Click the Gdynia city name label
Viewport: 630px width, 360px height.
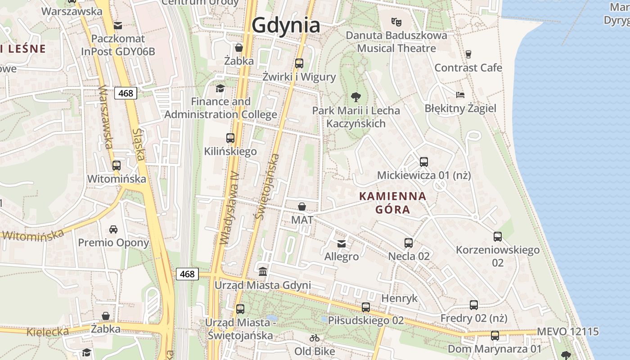click(x=286, y=25)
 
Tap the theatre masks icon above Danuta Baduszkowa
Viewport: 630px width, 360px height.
click(x=396, y=22)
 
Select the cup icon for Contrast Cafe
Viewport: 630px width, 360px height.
click(x=468, y=54)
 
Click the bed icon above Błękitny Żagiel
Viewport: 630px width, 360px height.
click(x=460, y=95)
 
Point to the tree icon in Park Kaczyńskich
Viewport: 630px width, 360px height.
click(x=355, y=97)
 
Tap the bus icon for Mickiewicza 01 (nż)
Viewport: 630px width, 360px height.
click(x=423, y=162)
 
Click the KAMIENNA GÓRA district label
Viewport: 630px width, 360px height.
click(x=392, y=202)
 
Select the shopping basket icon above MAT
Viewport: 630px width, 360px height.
click(x=302, y=207)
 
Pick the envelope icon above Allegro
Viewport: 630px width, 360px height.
click(x=342, y=243)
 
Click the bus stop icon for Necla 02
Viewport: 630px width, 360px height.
click(x=409, y=243)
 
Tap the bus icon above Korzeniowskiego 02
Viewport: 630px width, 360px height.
click(x=497, y=237)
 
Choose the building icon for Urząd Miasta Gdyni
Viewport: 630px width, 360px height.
click(x=262, y=272)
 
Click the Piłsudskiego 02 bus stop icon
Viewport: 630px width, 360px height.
click(x=366, y=307)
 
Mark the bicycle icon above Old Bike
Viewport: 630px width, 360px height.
click(x=315, y=338)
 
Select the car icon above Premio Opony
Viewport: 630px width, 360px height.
click(x=113, y=229)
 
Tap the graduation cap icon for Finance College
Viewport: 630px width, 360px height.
click(x=220, y=88)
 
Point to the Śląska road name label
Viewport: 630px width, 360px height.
click(x=138, y=144)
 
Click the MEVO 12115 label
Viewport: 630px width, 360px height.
click(x=567, y=332)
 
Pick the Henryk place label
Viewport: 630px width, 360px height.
click(x=399, y=298)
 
